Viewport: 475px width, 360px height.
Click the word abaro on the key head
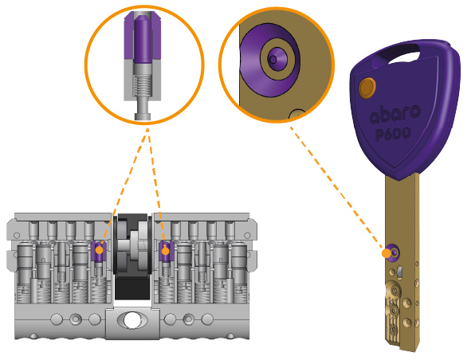click(395, 115)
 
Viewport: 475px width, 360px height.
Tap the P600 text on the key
click(393, 134)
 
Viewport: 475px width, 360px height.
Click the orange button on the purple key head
click(367, 88)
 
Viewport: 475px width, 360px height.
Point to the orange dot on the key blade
click(387, 253)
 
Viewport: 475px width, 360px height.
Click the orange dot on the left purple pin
click(99, 250)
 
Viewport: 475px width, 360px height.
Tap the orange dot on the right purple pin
click(165, 252)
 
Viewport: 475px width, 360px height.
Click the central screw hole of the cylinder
click(132, 320)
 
